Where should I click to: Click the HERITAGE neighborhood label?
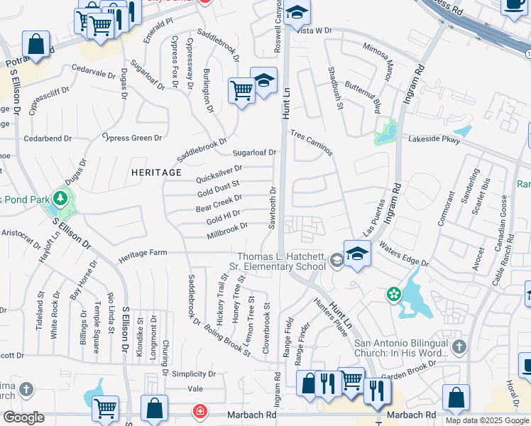156,173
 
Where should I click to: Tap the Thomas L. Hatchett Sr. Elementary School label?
281,261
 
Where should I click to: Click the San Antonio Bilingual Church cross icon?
459,347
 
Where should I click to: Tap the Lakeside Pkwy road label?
434,141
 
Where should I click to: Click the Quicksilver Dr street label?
219,173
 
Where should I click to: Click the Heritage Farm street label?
143,253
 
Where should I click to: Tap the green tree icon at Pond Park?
62,197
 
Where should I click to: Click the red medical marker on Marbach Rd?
201,412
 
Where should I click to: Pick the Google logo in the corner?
23,417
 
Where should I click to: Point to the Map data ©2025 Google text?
487,420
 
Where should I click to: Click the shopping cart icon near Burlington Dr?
241,91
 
